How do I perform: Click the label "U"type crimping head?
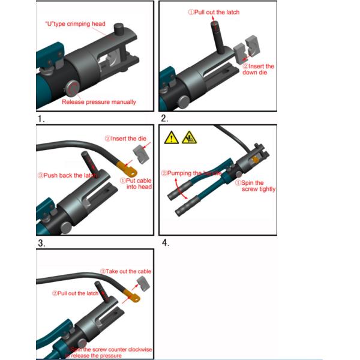click(x=76, y=24)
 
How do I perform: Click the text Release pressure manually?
click(x=99, y=102)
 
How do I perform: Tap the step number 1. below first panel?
click(x=41, y=119)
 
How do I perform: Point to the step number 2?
click(x=164, y=119)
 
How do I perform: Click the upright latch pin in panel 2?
click(x=217, y=36)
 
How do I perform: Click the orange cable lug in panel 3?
click(x=125, y=163)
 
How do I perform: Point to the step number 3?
click(x=41, y=244)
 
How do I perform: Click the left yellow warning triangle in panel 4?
click(x=171, y=137)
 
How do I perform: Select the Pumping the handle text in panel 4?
click(x=191, y=173)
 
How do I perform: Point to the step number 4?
click(x=165, y=243)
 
